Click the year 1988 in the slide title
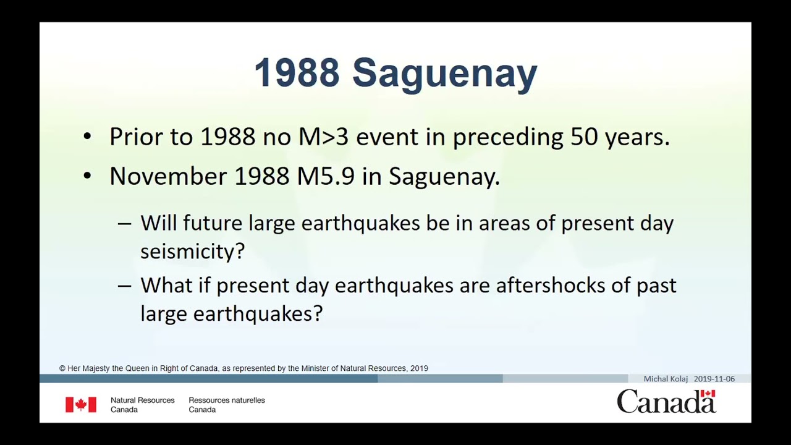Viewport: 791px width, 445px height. click(x=297, y=73)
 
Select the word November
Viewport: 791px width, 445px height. click(x=168, y=176)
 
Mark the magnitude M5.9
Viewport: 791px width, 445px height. click(x=326, y=176)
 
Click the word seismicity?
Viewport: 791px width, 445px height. click(x=192, y=251)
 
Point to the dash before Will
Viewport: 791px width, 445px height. click(x=124, y=224)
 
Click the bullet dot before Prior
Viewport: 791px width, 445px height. click(x=87, y=137)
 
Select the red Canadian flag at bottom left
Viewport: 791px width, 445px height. click(x=81, y=405)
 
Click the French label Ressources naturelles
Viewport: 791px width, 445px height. click(x=226, y=400)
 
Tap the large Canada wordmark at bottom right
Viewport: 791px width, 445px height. click(x=666, y=402)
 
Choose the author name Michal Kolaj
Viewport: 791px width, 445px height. click(x=666, y=379)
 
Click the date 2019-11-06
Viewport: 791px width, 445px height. click(x=714, y=379)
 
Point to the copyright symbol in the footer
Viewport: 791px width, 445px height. click(x=62, y=368)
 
